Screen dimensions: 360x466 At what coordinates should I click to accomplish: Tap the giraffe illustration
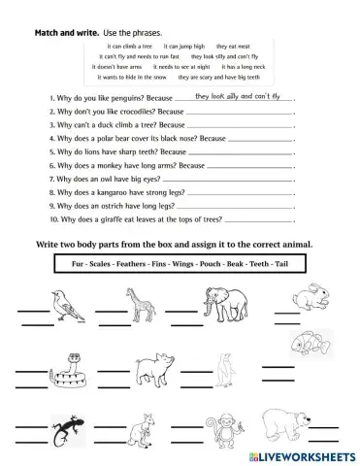[x=143, y=308]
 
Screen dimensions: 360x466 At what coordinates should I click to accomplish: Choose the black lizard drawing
[x=71, y=424]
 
